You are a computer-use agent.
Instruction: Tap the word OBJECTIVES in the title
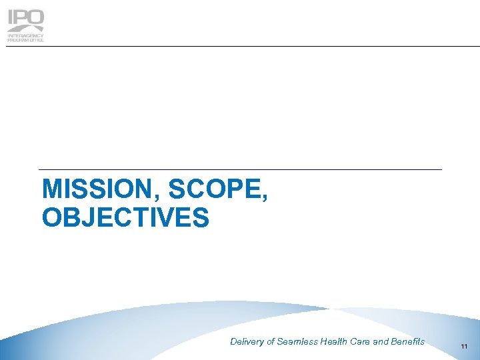pyautogui.click(x=125, y=217)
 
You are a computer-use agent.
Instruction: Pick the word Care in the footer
pyautogui.click(x=361, y=342)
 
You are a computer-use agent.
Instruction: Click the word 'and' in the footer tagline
pyautogui.click(x=381, y=342)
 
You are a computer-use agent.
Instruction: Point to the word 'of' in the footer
pyautogui.click(x=271, y=342)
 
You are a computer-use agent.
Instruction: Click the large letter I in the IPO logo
pyautogui.click(x=11, y=19)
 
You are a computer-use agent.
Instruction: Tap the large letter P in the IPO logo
pyautogui.click(x=21, y=19)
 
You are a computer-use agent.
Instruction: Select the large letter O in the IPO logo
pyautogui.click(x=35, y=19)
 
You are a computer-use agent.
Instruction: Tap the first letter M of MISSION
pyautogui.click(x=51, y=190)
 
